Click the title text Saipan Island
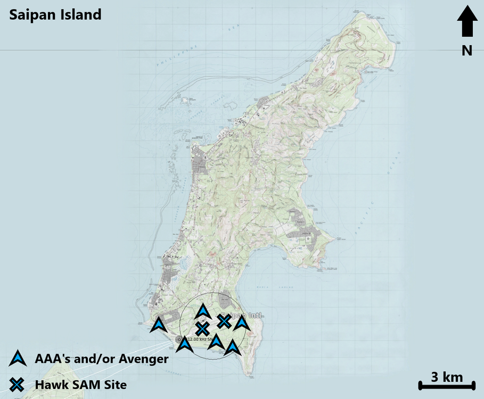pos(55,14)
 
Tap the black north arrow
pos(467,21)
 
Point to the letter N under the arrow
pos(467,50)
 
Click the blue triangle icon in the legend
pos(18,359)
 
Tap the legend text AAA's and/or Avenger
pos(101,359)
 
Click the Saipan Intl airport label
pos(248,316)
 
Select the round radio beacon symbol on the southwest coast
pos(178,339)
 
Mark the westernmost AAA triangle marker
pos(159,325)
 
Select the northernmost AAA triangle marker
pos(203,311)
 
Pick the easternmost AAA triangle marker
pos(241,322)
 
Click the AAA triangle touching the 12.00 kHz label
pos(184,344)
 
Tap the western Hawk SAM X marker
pos(202,329)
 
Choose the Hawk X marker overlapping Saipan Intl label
pos(224,321)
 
